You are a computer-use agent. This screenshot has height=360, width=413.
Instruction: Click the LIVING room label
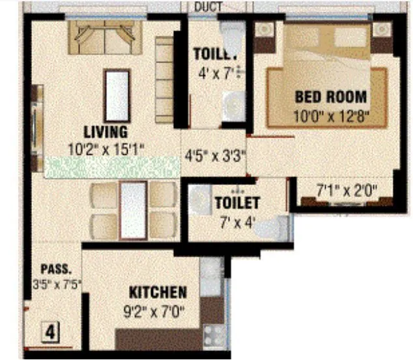[105, 133]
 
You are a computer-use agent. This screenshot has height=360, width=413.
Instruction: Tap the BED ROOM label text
[330, 98]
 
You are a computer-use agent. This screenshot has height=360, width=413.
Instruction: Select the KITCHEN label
[158, 293]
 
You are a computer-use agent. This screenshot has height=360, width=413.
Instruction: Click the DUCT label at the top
[208, 7]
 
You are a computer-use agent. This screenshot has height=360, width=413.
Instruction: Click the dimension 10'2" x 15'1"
[105, 149]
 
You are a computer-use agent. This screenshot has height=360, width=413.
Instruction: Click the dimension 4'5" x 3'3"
[206, 156]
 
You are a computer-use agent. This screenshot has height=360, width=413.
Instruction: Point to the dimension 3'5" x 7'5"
[56, 284]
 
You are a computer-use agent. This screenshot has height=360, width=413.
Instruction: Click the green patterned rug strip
[111, 167]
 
